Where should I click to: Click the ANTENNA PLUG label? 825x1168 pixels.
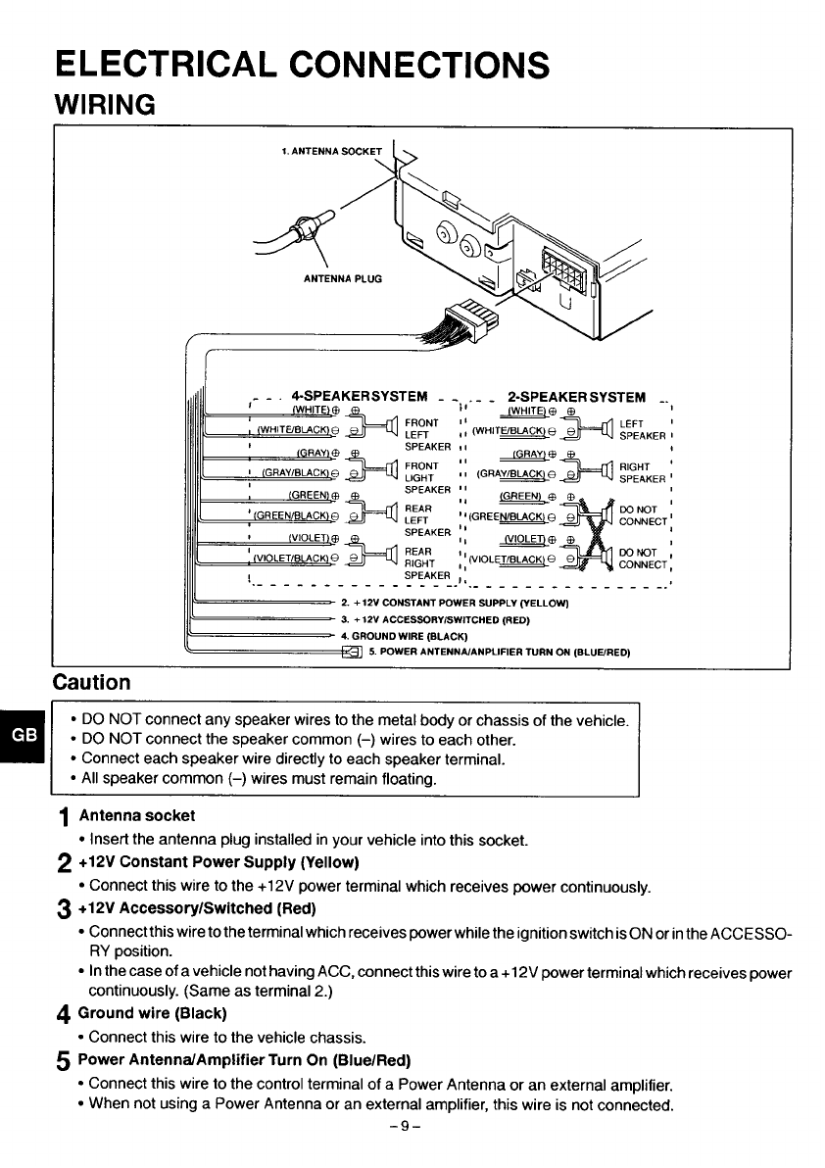tap(343, 278)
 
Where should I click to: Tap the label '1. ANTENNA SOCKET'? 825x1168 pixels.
tap(331, 151)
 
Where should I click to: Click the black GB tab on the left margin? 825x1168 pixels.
tap(24, 735)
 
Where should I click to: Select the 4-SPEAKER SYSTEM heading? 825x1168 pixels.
tap(360, 396)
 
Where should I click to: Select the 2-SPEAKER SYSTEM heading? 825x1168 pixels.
tap(576, 397)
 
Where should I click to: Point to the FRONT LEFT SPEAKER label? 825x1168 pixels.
tap(427, 435)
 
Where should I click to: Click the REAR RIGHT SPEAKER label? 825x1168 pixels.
tap(427, 563)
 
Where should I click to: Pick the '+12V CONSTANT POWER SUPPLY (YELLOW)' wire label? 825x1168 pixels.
tap(455, 603)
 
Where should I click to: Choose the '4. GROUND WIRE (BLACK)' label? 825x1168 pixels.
tap(404, 636)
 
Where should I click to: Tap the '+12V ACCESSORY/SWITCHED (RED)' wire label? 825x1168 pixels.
tap(435, 619)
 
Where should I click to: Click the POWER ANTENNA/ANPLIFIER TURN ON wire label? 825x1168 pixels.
tap(500, 653)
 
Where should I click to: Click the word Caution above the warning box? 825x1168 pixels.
tap(91, 682)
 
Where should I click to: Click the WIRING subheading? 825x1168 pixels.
tap(105, 104)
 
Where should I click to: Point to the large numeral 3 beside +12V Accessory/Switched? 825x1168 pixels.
tap(64, 910)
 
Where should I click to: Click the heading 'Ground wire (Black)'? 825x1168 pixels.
tap(152, 1013)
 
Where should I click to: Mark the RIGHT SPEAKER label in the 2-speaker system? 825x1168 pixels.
tap(642, 473)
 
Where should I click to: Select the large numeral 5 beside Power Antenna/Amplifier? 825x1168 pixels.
tap(64, 1062)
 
